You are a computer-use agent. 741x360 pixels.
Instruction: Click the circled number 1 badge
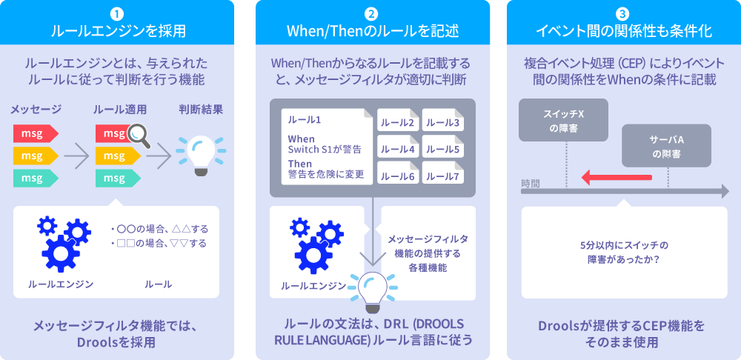(x=118, y=13)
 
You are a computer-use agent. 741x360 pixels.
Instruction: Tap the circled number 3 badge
(x=624, y=13)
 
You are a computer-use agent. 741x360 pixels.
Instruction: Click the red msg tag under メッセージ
(x=35, y=133)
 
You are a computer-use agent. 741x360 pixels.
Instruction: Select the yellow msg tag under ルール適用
(x=117, y=156)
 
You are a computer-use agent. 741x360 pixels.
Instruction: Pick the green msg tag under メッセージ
(x=35, y=178)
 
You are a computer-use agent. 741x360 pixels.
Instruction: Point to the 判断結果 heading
(x=201, y=110)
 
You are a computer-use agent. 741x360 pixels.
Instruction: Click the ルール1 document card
(x=327, y=147)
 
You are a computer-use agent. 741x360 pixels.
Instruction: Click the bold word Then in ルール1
(x=299, y=164)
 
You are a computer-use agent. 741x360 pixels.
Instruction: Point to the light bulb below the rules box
(x=373, y=291)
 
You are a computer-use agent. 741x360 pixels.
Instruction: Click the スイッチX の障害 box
(x=563, y=120)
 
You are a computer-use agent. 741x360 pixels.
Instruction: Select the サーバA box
(x=666, y=146)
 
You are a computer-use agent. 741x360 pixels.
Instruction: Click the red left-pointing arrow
(x=617, y=177)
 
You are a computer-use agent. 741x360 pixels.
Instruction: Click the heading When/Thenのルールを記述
(x=373, y=31)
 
